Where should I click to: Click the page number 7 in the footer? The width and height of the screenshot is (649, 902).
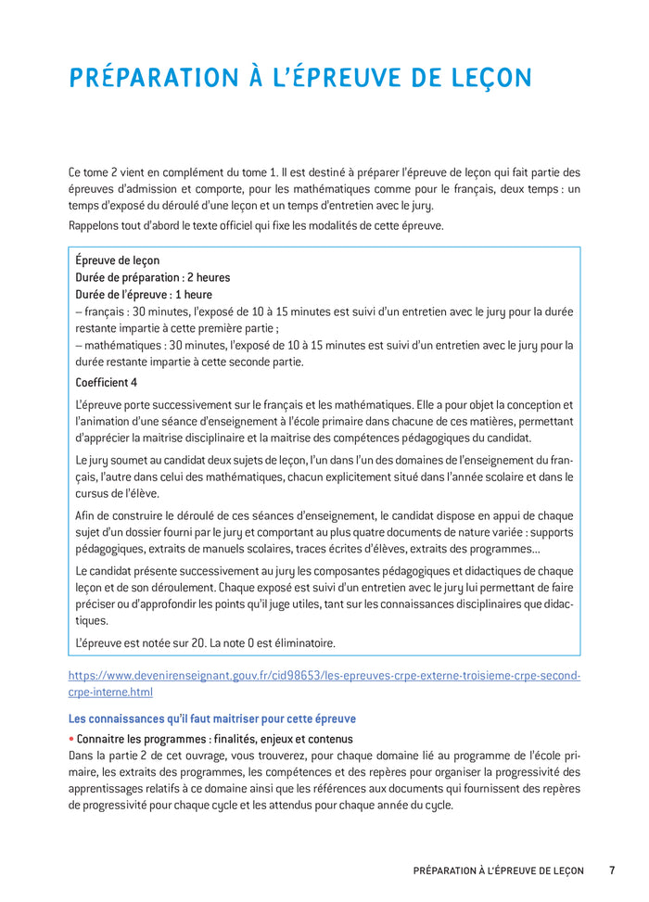tap(612, 870)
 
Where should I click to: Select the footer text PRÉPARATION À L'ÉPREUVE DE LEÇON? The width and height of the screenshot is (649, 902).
tap(499, 870)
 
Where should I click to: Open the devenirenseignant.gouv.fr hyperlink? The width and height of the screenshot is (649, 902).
tap(324, 676)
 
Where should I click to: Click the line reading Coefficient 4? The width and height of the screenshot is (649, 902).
tap(107, 382)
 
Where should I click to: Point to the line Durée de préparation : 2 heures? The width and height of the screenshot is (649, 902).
tap(152, 277)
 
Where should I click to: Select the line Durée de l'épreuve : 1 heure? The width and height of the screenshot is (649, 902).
tap(143, 295)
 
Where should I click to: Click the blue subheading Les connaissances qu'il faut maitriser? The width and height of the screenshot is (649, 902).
tap(212, 718)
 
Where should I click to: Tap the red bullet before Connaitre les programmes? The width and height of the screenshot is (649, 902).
tap(71, 739)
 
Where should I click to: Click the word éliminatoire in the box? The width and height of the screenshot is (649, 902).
tap(295, 642)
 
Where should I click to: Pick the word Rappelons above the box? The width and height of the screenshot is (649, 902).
tap(95, 225)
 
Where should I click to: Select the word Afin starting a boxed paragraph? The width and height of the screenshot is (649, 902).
tap(86, 515)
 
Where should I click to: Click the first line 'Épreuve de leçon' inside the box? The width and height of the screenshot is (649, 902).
tap(117, 260)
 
